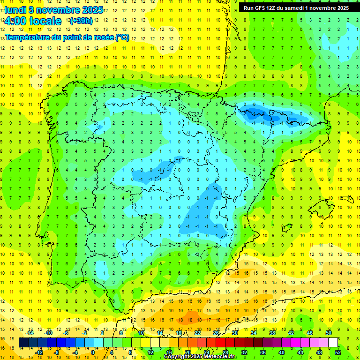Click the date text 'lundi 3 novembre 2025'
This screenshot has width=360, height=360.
click(x=53, y=10)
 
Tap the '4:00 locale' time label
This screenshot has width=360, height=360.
click(x=33, y=21)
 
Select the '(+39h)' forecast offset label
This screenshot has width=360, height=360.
click(x=81, y=21)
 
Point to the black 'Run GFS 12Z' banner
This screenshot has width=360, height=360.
click(x=296, y=8)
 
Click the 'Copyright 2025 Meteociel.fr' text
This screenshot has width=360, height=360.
click(x=200, y=357)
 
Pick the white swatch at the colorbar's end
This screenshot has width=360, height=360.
click(x=333, y=343)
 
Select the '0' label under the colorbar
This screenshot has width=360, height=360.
click(x=92, y=352)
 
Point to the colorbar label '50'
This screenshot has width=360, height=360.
click(x=328, y=333)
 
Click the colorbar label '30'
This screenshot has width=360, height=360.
click(x=234, y=333)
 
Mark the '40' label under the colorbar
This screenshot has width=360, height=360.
click(x=281, y=352)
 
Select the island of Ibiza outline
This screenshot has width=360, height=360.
click(x=286, y=228)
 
